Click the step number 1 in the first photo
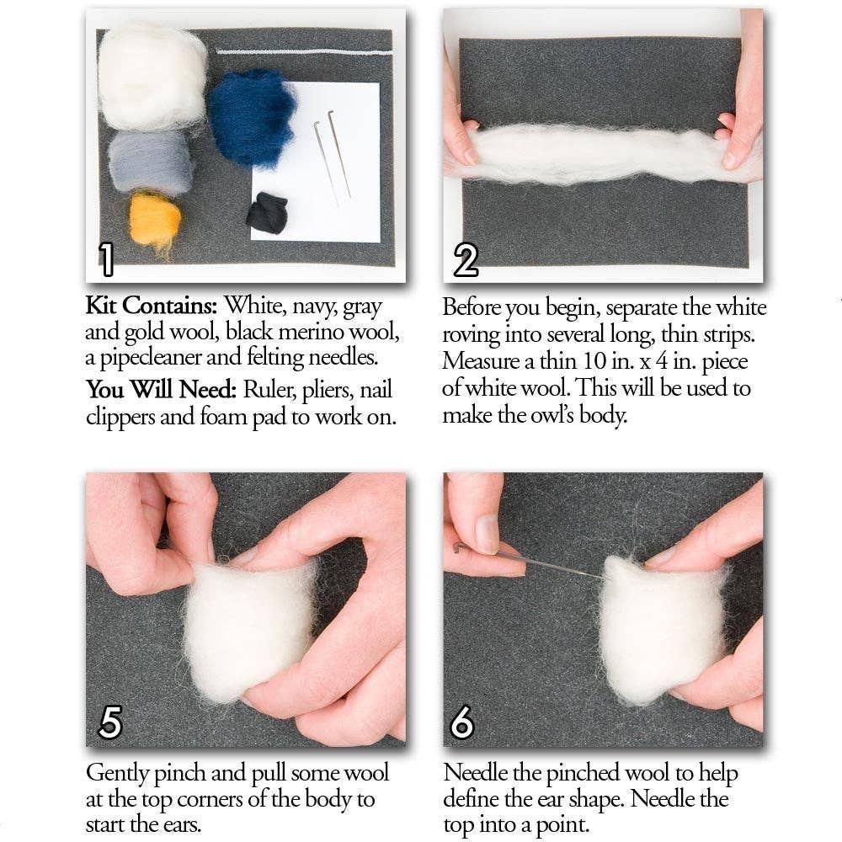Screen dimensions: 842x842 pyautogui.click(x=106, y=258)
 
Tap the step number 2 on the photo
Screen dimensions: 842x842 pyautogui.click(x=466, y=258)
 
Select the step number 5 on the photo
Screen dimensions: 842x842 pyautogui.click(x=110, y=722)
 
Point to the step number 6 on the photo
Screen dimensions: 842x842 pyautogui.click(x=462, y=722)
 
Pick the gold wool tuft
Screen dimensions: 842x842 pyautogui.click(x=155, y=219)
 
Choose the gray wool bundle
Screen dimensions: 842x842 pyautogui.click(x=151, y=162)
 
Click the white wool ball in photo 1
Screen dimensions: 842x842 pyautogui.click(x=152, y=76)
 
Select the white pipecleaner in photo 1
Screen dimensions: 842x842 pyautogui.click(x=303, y=52)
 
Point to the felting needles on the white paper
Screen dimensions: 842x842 pyautogui.click(x=333, y=156)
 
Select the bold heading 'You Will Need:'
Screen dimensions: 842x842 pyautogui.click(x=162, y=391)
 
